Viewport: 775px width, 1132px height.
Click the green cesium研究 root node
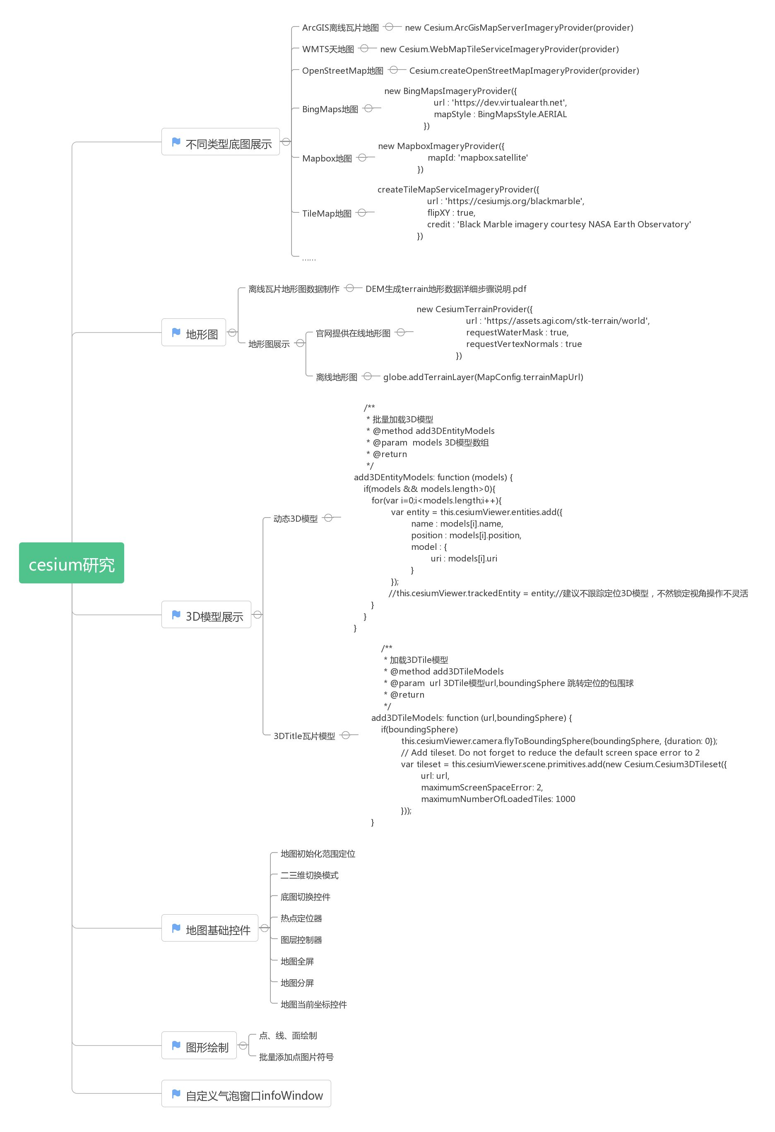pos(72,563)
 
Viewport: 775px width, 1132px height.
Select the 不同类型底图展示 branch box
pos(220,142)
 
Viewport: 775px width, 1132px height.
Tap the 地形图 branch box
pos(193,332)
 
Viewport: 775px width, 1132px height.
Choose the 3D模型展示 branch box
pos(206,615)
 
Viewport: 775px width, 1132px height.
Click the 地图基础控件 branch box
pos(209,928)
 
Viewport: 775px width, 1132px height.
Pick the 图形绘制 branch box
pos(199,1045)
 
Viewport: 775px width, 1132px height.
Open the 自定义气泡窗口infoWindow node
pos(246,1093)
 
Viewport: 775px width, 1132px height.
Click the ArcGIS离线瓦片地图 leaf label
pos(340,28)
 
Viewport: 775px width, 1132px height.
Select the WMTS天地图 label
pos(328,49)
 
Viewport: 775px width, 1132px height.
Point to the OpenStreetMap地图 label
pos(342,71)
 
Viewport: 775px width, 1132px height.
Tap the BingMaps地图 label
pos(330,109)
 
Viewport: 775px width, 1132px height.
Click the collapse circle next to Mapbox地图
pos(362,157)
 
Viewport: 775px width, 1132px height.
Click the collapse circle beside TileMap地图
pos(361,212)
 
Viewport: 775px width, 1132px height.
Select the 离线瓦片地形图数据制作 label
pos(294,289)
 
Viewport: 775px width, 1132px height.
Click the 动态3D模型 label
pos(295,519)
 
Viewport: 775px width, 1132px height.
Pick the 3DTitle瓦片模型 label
pos(304,736)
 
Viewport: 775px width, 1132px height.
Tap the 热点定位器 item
pos(301,918)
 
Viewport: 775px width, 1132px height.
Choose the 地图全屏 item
pos(297,961)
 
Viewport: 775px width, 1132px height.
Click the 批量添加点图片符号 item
pos(296,1057)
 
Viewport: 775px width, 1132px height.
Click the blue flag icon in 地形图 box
pos(176,332)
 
